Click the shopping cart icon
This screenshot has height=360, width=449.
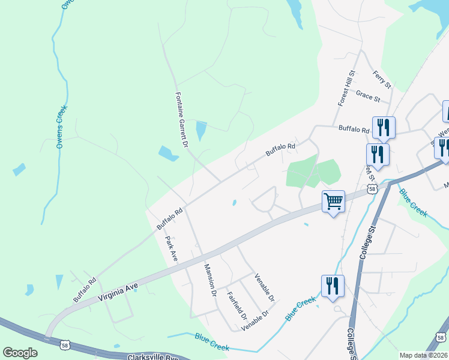[x=333, y=201]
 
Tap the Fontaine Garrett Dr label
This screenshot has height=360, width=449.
[x=182, y=120]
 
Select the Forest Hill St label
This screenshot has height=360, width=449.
[x=346, y=89]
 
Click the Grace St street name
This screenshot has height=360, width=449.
[x=368, y=95]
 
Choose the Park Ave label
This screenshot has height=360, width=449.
[x=171, y=248]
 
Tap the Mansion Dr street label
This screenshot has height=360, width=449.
[x=209, y=281]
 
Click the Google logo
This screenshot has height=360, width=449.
[x=20, y=352]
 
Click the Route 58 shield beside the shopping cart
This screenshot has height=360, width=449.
[x=372, y=189]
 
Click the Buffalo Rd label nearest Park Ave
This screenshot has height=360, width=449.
[x=169, y=219]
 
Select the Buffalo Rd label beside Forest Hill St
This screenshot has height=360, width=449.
[x=354, y=128]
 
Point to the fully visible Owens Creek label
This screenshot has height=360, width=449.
[x=61, y=128]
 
